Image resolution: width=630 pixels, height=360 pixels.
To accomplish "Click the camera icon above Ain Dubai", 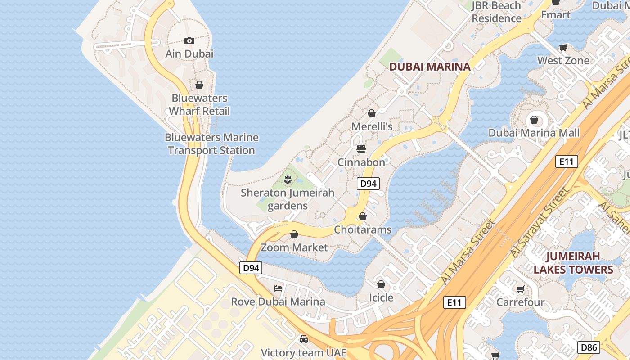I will [x=189, y=41].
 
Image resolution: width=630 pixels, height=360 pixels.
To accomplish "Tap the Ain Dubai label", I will [x=189, y=54].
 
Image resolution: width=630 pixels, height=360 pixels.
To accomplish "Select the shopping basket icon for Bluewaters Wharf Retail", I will [x=199, y=85].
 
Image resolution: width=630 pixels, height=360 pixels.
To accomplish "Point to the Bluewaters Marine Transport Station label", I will [x=211, y=144].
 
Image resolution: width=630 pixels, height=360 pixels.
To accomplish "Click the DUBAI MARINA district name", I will [x=430, y=67].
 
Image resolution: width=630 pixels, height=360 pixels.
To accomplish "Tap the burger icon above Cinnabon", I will [x=361, y=148].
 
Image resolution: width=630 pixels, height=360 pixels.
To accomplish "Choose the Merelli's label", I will [x=372, y=127].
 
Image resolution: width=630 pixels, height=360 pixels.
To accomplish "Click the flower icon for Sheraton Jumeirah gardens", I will [x=288, y=180].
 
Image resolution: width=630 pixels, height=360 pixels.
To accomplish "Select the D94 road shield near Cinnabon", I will [x=369, y=184].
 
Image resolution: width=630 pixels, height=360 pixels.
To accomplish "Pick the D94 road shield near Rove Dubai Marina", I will [x=251, y=268].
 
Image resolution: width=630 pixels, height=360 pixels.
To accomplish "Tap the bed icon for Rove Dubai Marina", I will [x=278, y=288].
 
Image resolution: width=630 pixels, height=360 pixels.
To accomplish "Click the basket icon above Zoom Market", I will [x=294, y=234].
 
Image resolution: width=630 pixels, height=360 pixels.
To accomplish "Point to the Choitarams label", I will [x=363, y=230].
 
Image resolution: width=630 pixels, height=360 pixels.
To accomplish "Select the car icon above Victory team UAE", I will [x=304, y=339].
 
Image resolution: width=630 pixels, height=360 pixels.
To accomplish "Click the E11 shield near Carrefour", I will [x=454, y=302].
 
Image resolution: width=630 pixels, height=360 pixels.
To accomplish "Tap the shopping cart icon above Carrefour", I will [x=521, y=289].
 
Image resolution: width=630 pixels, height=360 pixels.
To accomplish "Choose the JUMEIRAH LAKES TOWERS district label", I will [x=573, y=263].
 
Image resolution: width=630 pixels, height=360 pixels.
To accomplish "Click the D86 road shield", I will [x=589, y=347].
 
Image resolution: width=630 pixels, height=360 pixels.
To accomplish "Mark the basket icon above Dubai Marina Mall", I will [x=534, y=120].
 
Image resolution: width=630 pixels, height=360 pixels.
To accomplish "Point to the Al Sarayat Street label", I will [x=539, y=223].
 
